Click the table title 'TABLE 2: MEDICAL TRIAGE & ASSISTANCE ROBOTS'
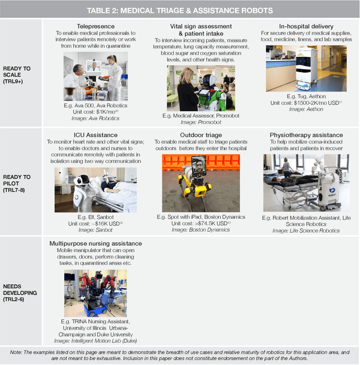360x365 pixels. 180,11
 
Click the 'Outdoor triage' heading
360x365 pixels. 201,135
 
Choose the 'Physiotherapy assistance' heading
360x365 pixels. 307,135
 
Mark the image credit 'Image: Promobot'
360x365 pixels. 201,122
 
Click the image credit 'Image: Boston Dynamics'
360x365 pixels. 201,230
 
